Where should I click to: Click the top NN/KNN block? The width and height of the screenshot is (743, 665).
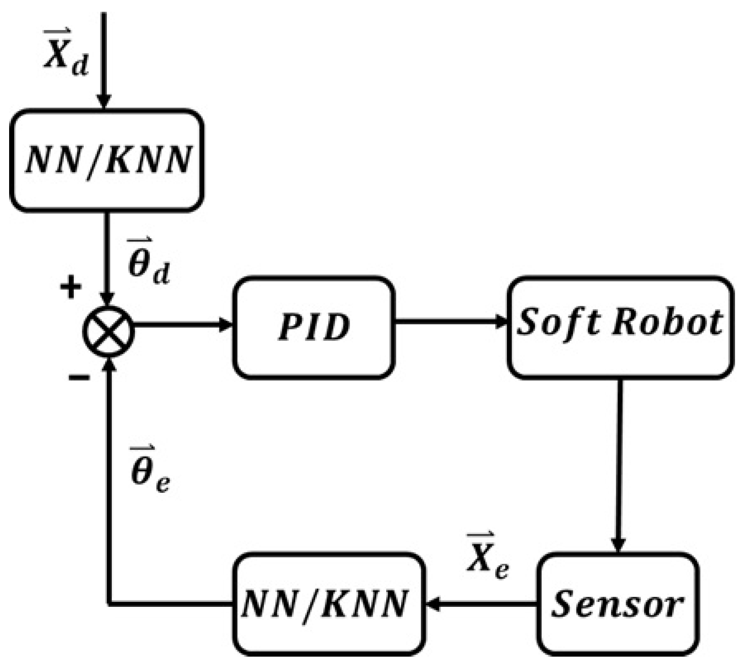107,160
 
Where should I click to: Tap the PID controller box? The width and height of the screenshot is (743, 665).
313,327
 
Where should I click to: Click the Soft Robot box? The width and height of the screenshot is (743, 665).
620,327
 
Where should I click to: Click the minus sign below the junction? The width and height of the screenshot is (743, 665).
79,377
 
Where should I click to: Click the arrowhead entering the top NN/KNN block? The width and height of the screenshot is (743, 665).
104,101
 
